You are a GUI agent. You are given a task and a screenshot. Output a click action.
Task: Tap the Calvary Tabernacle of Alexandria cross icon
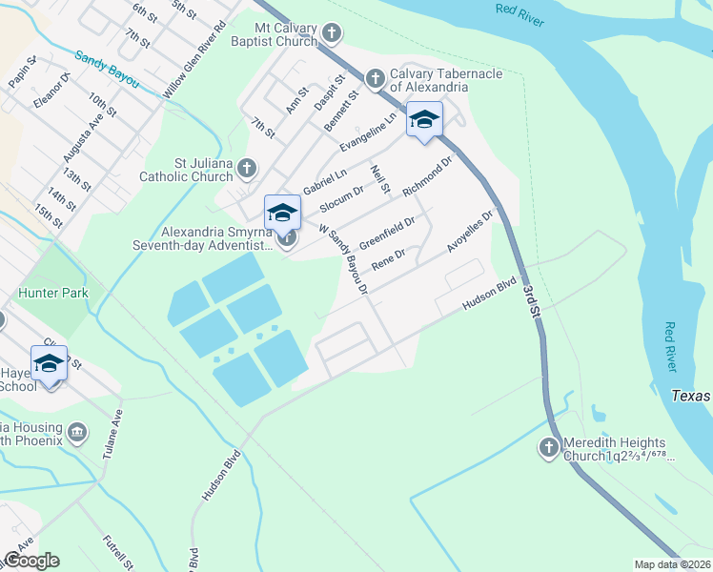click(x=375, y=76)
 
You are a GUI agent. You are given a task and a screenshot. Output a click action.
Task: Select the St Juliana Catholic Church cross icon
click(x=247, y=169)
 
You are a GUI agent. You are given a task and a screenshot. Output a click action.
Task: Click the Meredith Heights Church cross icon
click(x=549, y=446)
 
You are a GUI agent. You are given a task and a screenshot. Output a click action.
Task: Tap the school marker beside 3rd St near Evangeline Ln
click(x=424, y=120)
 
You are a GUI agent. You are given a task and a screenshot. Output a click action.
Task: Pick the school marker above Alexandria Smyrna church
click(x=282, y=213)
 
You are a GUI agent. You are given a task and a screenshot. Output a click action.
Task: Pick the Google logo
click(x=31, y=560)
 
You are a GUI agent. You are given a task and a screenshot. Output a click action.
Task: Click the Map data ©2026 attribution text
click(x=673, y=564)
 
